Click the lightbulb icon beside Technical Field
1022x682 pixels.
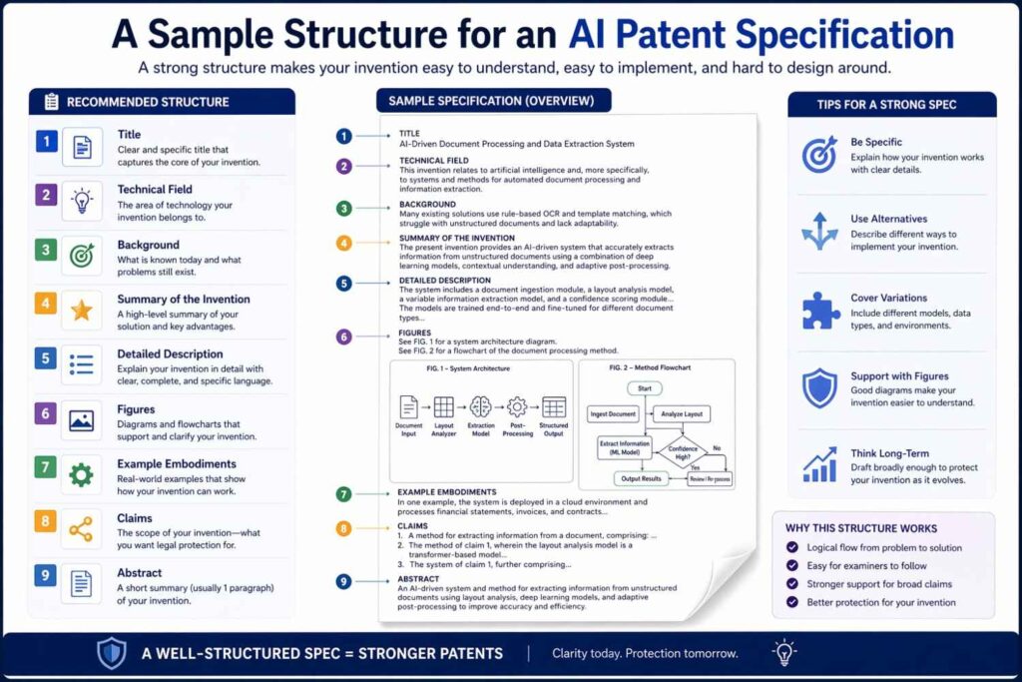coord(81,200)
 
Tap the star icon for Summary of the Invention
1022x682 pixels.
coord(81,311)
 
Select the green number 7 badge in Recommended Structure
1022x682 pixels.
coord(45,466)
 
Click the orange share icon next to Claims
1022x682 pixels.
coord(81,529)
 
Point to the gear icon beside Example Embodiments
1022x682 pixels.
coord(81,474)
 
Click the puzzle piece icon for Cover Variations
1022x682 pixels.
coord(820,311)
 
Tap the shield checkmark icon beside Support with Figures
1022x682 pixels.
coord(820,387)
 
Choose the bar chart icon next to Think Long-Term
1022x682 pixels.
coord(820,464)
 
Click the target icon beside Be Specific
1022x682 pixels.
coord(820,154)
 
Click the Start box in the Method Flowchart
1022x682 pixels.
coord(644,388)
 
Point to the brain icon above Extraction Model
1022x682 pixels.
coord(481,407)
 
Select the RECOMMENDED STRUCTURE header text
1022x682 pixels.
coord(148,102)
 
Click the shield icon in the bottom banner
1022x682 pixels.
coord(111,653)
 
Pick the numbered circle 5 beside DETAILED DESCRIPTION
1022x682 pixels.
coord(343,283)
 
